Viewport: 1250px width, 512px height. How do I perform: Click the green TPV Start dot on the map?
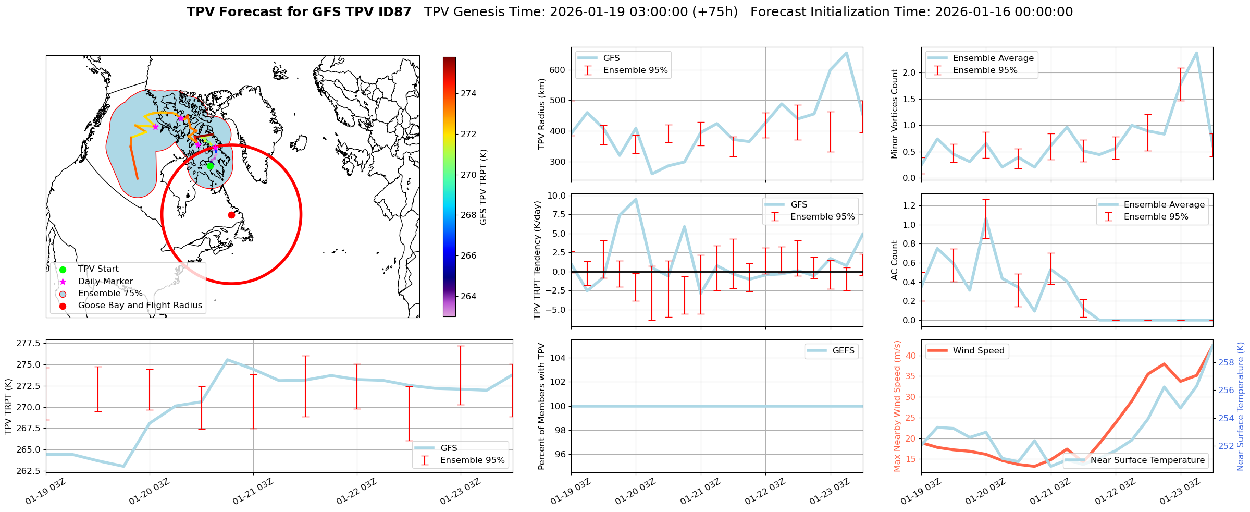pos(210,166)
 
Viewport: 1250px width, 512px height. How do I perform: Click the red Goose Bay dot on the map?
pos(231,215)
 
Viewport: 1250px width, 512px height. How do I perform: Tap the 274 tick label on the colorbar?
pos(468,94)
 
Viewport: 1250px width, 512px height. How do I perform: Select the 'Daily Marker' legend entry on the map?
pos(105,281)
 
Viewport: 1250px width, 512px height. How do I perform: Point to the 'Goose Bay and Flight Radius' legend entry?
pos(140,306)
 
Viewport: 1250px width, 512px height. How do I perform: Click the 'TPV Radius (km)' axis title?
pos(542,114)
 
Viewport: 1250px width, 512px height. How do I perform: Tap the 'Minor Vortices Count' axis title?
pos(895,114)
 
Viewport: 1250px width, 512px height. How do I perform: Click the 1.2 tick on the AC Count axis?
pos(908,205)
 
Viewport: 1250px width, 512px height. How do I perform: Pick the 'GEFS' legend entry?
pos(843,351)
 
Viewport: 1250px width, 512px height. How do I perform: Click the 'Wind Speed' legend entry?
pos(978,351)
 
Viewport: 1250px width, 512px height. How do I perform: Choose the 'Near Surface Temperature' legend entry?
pos(1147,460)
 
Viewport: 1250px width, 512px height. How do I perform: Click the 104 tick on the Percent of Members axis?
pos(557,358)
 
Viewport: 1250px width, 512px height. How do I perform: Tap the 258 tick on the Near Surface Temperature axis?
pos(1226,362)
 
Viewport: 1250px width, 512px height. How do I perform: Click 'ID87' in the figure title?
pos(395,12)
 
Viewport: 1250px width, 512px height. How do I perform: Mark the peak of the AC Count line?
pos(986,218)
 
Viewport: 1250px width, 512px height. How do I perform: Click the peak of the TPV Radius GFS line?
pos(846,53)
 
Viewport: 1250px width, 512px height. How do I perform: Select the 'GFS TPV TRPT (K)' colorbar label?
pos(484,187)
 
